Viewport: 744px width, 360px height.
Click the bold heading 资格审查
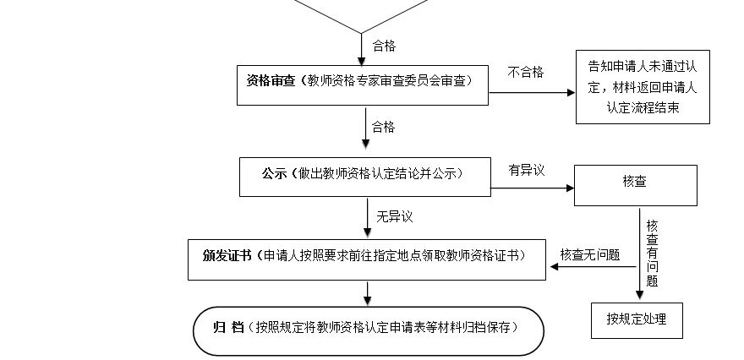point(270,81)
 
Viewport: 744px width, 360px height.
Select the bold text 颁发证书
point(227,255)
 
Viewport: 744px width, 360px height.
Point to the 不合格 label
point(525,72)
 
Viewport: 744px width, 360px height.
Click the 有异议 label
point(526,170)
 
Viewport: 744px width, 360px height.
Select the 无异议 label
point(395,217)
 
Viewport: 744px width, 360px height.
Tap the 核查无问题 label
point(590,254)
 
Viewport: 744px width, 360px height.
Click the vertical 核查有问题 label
point(652,254)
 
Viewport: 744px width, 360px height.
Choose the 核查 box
point(636,183)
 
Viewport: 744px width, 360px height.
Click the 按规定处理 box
point(636,319)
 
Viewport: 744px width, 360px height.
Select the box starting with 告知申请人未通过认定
point(643,87)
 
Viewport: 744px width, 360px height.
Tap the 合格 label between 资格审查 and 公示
point(383,128)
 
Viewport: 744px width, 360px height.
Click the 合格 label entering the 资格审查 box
point(383,46)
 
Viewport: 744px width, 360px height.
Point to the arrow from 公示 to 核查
point(533,188)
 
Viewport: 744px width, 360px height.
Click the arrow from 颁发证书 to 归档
point(367,292)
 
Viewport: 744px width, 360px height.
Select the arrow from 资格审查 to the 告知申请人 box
point(533,90)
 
